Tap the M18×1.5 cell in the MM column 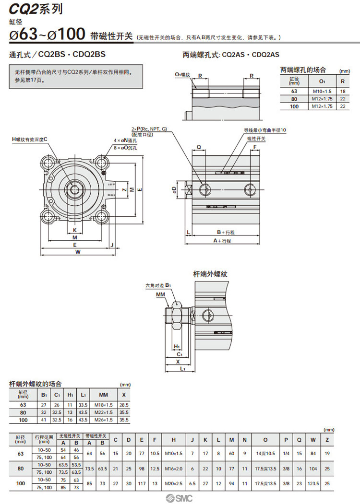103,405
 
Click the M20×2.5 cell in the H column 174,484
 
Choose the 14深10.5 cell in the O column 265,453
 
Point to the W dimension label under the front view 78,252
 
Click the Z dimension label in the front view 124,189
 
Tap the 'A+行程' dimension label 222,241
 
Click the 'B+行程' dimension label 225,232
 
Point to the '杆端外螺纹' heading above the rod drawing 210,274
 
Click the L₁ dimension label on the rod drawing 183,369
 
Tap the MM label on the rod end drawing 160,293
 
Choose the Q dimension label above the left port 199,147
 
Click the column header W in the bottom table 313,440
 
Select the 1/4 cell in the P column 286,453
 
